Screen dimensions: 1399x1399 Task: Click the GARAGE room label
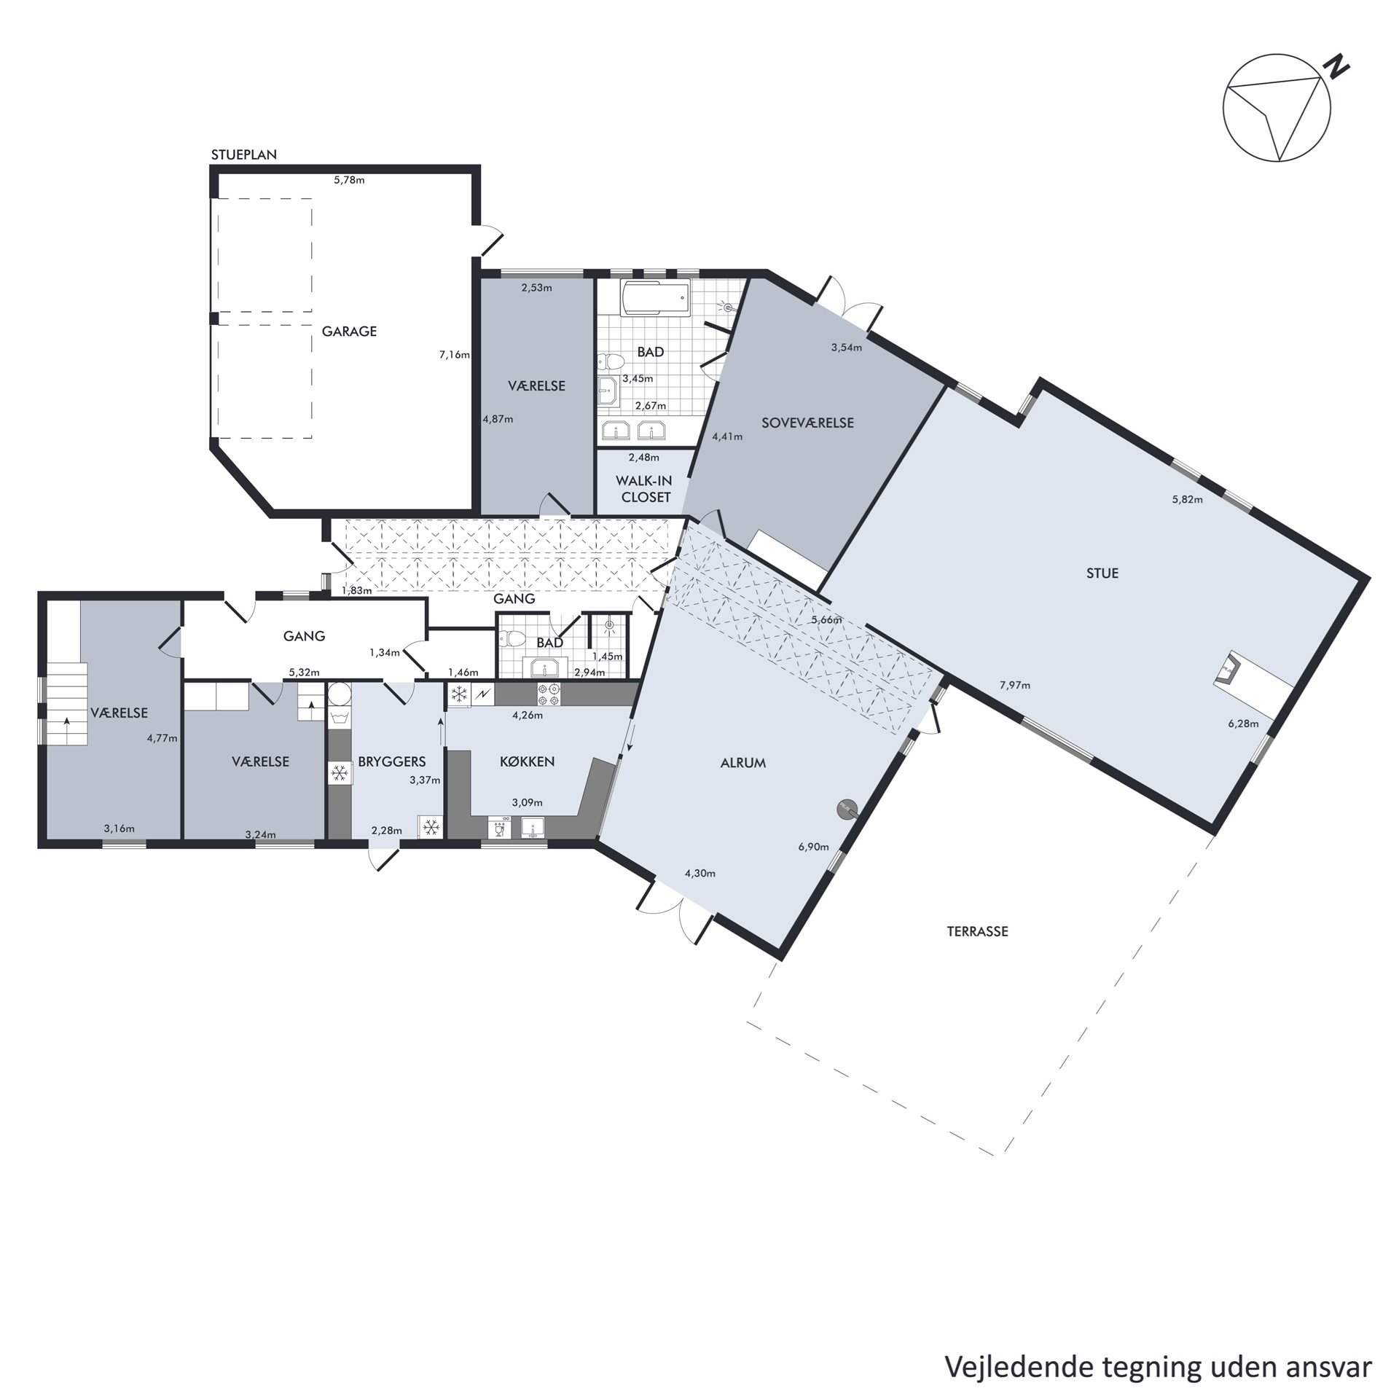[x=349, y=331]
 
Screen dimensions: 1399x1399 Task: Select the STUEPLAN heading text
[x=243, y=154]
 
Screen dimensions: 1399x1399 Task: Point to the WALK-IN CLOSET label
[x=644, y=489]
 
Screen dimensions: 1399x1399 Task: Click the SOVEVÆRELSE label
[x=807, y=423]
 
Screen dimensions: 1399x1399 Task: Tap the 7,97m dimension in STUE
[x=1014, y=685]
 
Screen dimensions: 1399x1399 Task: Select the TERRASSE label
[x=977, y=931]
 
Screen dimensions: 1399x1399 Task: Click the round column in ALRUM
[x=846, y=807]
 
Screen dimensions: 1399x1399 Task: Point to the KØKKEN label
[x=527, y=761]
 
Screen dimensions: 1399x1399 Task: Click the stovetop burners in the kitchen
[x=548, y=694]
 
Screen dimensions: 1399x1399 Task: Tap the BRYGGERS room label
[x=391, y=761]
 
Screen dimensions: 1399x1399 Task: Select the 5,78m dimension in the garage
[x=349, y=180]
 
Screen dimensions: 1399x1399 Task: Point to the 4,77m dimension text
[x=162, y=737]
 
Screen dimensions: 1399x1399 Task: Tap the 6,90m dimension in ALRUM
[x=813, y=847]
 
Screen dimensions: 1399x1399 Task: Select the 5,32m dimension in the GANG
[x=304, y=673]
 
